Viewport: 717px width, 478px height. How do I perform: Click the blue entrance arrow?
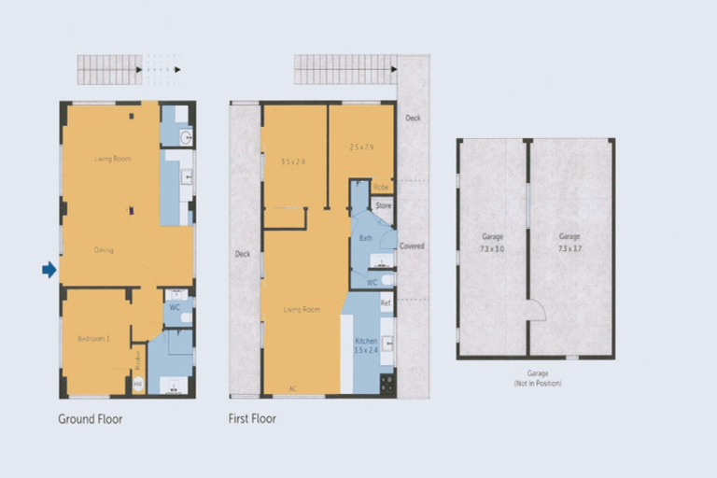click(49, 270)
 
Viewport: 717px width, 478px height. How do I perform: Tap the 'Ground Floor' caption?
click(90, 419)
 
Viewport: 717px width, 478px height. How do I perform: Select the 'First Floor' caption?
click(252, 419)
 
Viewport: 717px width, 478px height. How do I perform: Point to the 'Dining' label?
click(104, 249)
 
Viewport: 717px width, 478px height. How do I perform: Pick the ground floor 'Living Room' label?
click(112, 159)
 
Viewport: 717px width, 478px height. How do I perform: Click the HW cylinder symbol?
click(138, 383)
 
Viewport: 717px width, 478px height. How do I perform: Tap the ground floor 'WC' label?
click(174, 306)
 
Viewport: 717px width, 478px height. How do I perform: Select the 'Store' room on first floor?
click(383, 204)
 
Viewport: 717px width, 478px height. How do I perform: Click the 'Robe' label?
click(382, 186)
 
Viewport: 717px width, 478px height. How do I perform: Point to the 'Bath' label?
click(366, 239)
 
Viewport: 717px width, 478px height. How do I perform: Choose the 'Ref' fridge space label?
click(386, 302)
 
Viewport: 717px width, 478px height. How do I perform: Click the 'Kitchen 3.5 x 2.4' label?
click(366, 346)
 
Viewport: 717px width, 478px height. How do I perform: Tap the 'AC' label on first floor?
click(292, 388)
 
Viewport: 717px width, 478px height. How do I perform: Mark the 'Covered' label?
click(412, 246)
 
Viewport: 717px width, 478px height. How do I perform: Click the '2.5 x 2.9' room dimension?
click(361, 148)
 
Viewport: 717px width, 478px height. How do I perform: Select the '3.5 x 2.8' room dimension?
click(293, 162)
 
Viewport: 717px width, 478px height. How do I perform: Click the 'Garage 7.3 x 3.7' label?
click(569, 243)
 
